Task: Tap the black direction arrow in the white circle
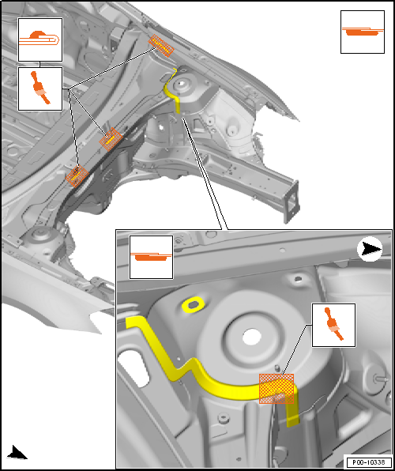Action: pos(370,250)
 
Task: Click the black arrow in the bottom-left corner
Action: pos(17,452)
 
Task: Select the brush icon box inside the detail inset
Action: pos(333,325)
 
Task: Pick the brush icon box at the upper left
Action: pos(40,89)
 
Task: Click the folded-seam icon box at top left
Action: pos(40,40)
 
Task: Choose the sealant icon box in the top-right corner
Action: pos(363,32)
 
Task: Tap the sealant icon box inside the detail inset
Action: pos(151,257)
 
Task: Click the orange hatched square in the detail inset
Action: pos(276,388)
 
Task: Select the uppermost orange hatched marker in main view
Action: pos(161,45)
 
